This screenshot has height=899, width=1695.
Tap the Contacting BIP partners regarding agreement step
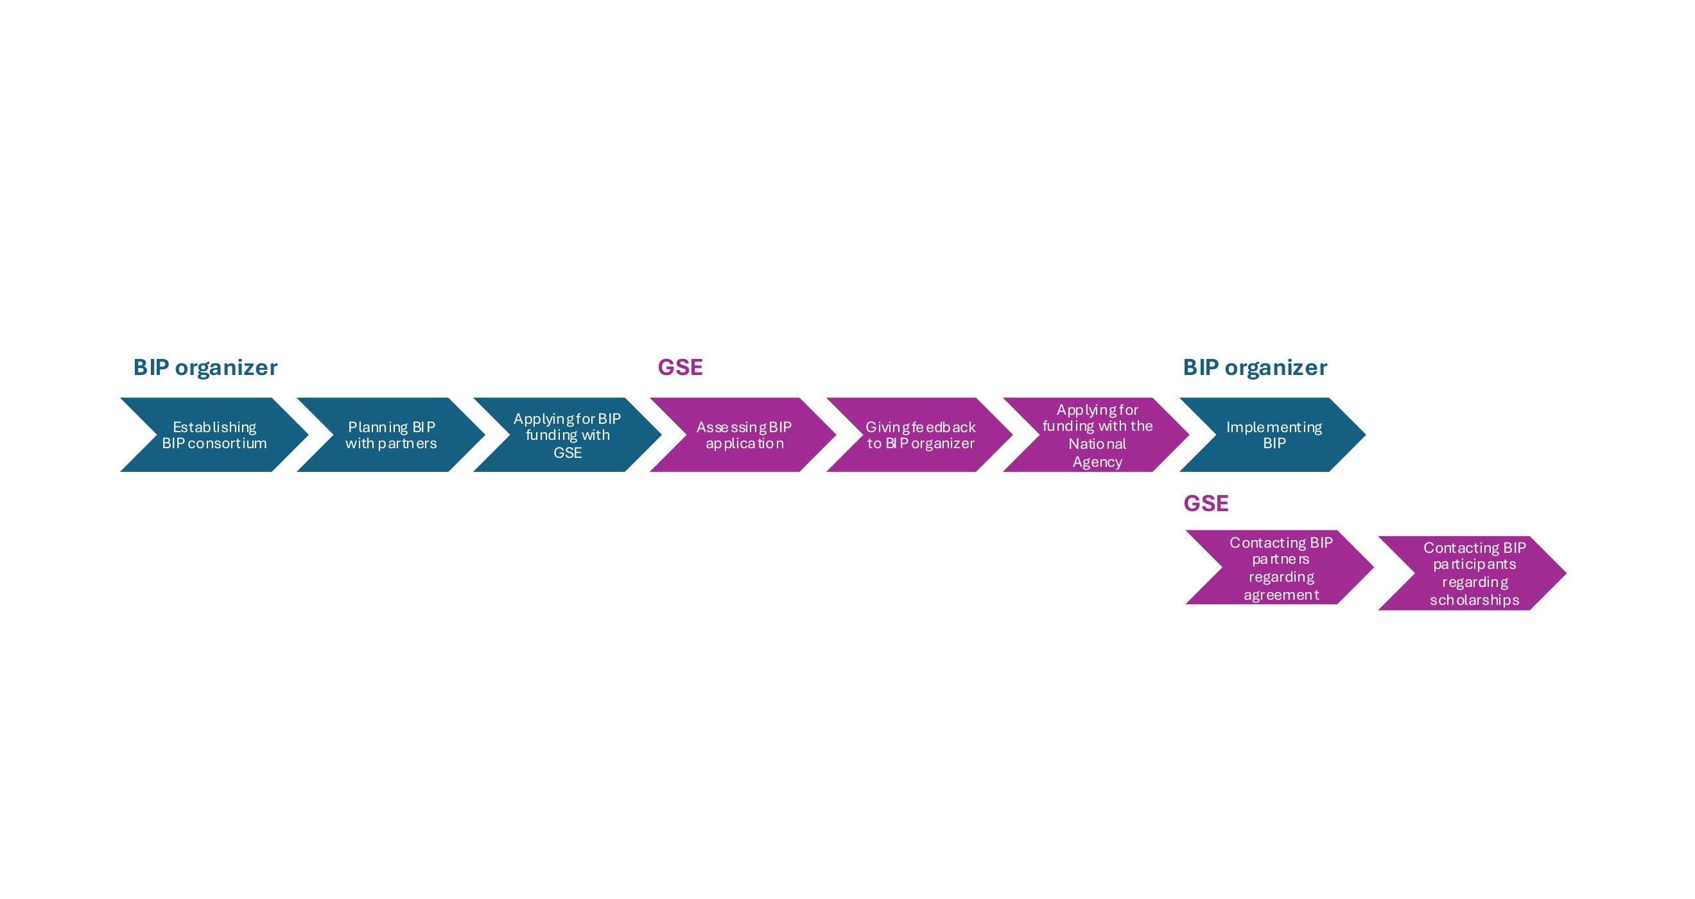(1280, 568)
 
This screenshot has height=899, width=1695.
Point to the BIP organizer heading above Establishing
(205, 367)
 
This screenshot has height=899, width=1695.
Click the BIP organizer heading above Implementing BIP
(1255, 367)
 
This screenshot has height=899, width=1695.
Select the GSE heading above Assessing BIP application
(681, 367)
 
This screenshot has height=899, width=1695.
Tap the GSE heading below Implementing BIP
(1206, 503)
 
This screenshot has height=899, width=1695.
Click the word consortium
(227, 444)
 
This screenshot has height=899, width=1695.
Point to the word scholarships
(1475, 600)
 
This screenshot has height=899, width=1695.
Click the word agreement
(1281, 595)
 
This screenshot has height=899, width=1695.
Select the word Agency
(1097, 462)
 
